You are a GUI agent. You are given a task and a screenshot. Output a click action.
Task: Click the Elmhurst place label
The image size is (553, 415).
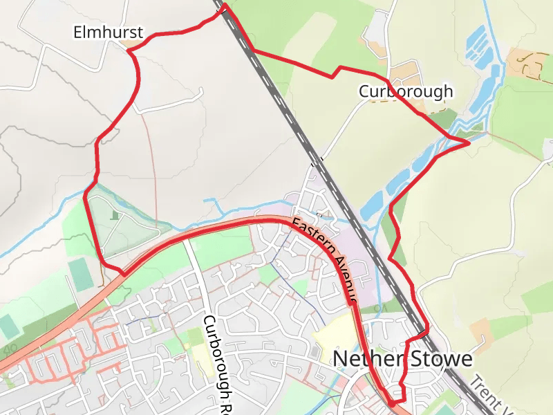tap(109, 32)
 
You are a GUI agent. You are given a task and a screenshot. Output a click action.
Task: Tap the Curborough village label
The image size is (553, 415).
tap(406, 91)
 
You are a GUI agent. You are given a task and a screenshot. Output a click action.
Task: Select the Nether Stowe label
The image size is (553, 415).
tap(403, 359)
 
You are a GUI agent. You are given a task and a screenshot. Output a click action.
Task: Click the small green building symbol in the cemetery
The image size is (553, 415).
tap(115, 216)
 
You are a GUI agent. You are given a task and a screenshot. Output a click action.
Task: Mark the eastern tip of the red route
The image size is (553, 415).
tap(469, 142)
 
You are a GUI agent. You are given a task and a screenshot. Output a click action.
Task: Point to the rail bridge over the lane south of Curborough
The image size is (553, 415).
tap(317, 163)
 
